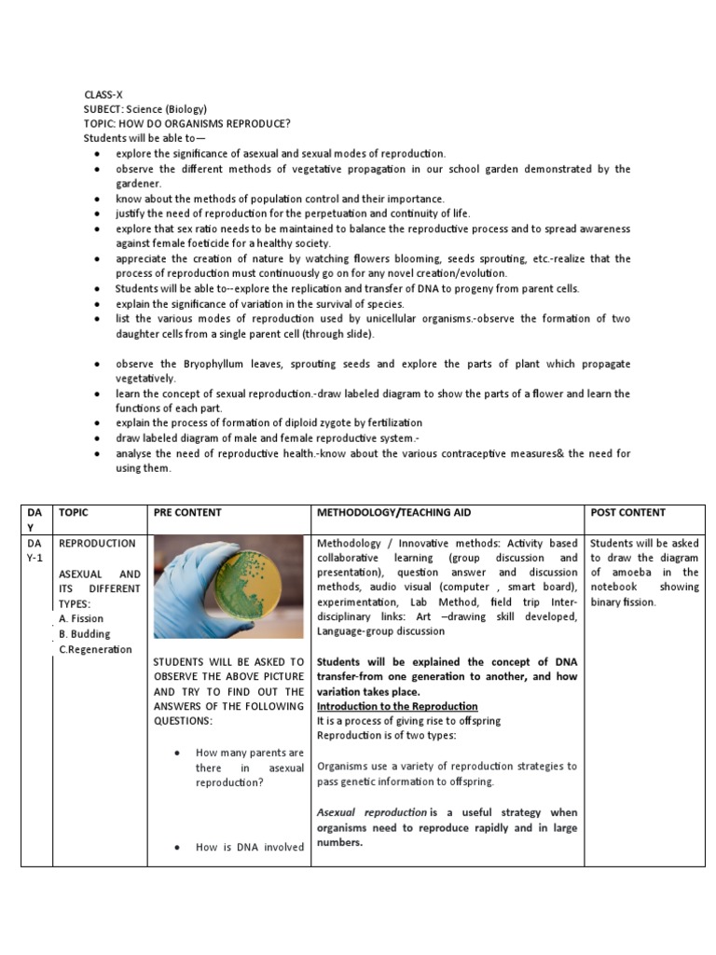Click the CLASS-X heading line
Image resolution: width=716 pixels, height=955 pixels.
tap(103, 94)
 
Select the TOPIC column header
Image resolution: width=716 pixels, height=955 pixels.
tap(74, 513)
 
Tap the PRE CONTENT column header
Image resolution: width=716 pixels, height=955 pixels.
tap(187, 513)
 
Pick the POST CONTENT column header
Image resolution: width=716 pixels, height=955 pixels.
tap(628, 513)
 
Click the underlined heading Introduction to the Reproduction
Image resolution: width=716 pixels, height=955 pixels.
tap(397, 707)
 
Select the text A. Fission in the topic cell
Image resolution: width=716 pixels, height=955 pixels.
tap(81, 618)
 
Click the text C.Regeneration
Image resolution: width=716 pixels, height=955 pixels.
tap(95, 649)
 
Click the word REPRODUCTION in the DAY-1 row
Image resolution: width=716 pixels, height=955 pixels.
tap(97, 543)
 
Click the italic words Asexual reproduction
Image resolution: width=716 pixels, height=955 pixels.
tap(372, 812)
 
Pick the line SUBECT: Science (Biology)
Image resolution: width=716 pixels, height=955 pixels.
tap(145, 109)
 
